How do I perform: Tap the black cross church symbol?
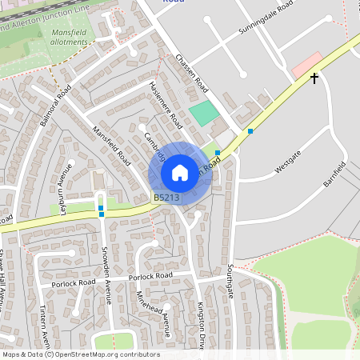pyautogui.click(x=314, y=78)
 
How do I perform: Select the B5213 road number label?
pyautogui.click(x=166, y=197)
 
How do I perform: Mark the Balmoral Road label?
pyautogui.click(x=56, y=105)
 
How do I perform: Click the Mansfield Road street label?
pyautogui.click(x=111, y=144)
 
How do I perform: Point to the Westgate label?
pyautogui.click(x=287, y=161)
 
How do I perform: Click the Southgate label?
pyautogui.click(x=230, y=280)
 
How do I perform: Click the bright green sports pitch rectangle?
pyautogui.click(x=203, y=112)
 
